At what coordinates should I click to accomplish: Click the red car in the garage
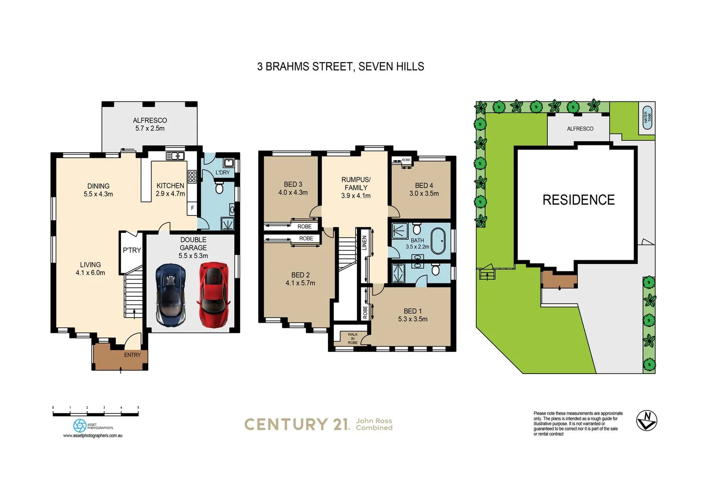point(214,294)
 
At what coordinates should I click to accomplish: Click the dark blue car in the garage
point(171,295)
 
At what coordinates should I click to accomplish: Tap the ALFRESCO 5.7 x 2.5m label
point(150,124)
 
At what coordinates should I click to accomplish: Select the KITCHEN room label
point(170,186)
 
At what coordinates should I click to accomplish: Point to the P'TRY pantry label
point(132,250)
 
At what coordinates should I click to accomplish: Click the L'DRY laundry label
point(222,172)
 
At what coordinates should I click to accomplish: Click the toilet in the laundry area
point(220,188)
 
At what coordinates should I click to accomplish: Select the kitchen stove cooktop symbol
point(192,176)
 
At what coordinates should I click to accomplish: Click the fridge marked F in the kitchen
point(192,208)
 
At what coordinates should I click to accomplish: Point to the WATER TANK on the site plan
point(647,118)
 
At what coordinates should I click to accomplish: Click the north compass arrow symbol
point(646,420)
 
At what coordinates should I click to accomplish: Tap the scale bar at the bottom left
point(95,414)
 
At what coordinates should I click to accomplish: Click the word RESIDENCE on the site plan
point(578,200)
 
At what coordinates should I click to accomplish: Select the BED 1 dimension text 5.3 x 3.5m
point(412,319)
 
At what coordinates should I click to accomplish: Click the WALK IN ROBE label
point(353,338)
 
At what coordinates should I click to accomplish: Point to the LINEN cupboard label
point(365,243)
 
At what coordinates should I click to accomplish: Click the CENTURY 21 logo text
point(297,424)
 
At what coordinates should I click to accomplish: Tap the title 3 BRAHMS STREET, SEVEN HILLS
point(341,67)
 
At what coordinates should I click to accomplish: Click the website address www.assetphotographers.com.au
point(93,436)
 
